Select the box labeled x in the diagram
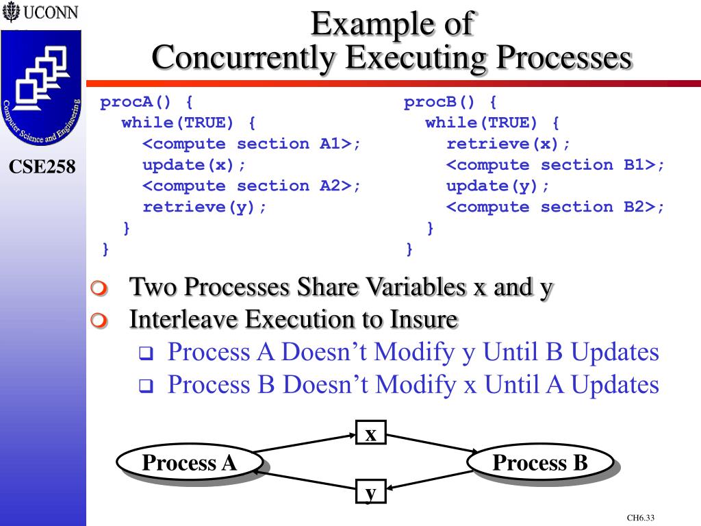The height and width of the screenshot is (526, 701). click(371, 434)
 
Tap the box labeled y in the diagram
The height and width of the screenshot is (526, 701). click(371, 492)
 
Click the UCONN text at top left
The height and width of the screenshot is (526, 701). click(51, 13)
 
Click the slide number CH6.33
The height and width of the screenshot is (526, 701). click(641, 518)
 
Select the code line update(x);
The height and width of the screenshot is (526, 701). click(194, 165)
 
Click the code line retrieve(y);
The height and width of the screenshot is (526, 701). click(205, 207)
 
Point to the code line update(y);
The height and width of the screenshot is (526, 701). click(498, 186)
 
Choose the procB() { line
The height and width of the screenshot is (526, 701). click(450, 103)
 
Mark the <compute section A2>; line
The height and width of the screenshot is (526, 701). click(251, 186)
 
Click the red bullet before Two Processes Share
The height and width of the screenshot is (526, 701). click(100, 288)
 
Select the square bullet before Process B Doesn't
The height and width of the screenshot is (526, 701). click(145, 386)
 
